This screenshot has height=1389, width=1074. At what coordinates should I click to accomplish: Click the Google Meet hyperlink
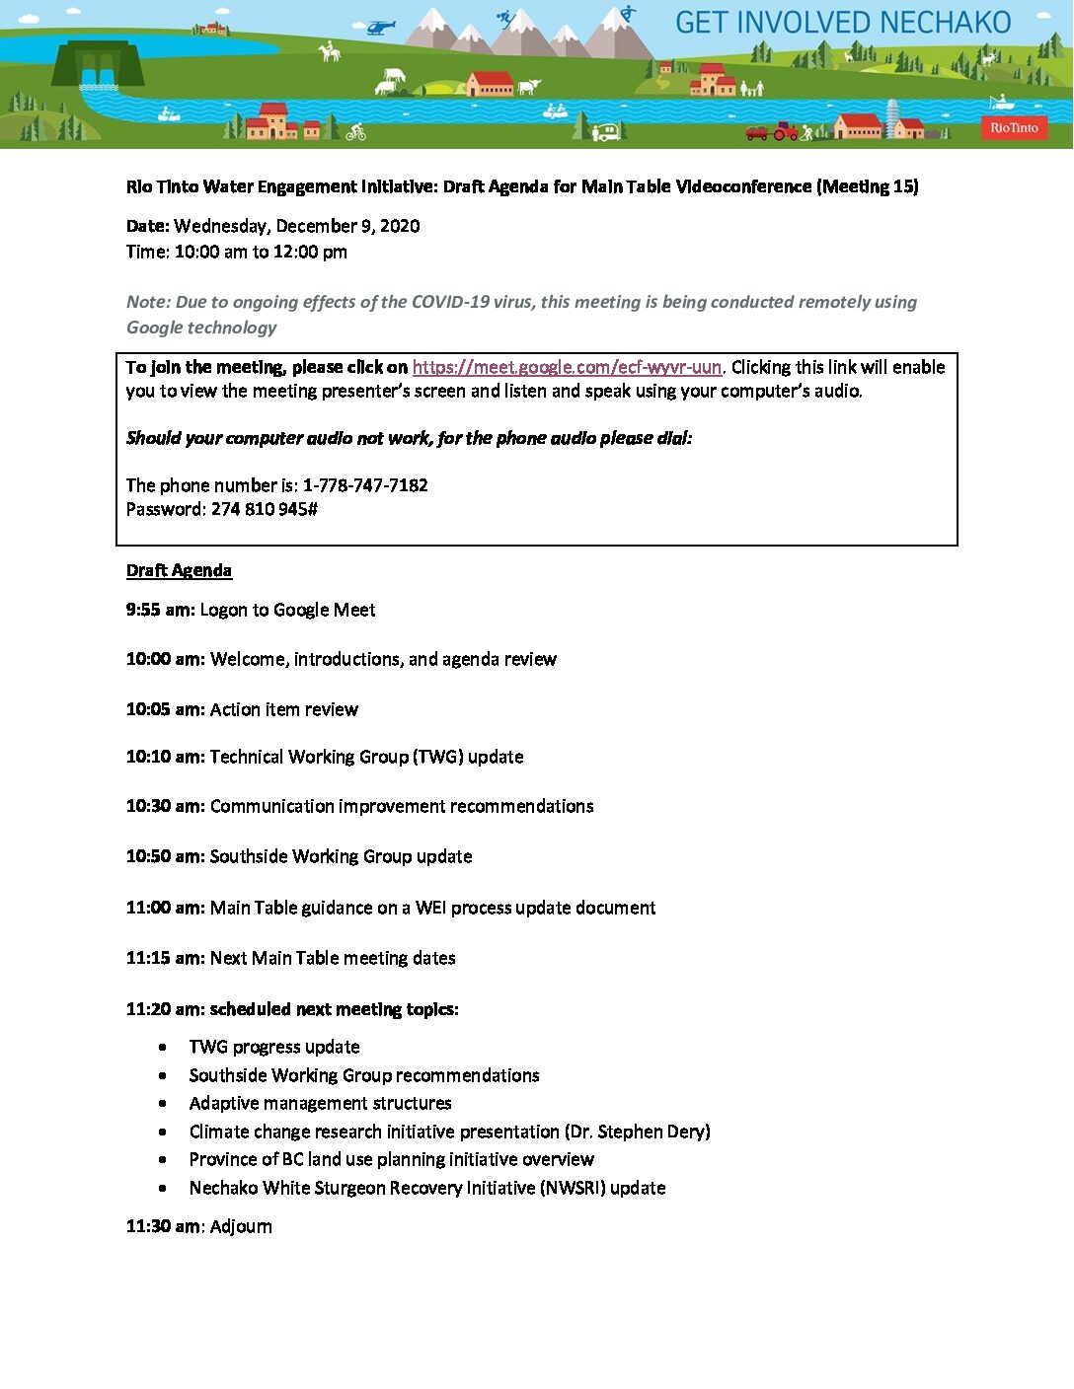(567, 367)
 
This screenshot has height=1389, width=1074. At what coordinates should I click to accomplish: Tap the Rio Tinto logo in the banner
(1014, 127)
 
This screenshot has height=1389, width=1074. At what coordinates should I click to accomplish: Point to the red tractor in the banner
(785, 130)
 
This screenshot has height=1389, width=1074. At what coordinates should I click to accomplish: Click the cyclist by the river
(356, 132)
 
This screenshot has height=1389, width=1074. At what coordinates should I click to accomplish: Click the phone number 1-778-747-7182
(365, 485)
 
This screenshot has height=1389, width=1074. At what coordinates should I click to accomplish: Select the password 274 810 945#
(265, 509)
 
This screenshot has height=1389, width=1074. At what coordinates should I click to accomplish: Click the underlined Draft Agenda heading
(179, 570)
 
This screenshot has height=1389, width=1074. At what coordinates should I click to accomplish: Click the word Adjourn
(241, 1226)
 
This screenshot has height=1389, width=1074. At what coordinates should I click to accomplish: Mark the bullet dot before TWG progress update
(163, 1048)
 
